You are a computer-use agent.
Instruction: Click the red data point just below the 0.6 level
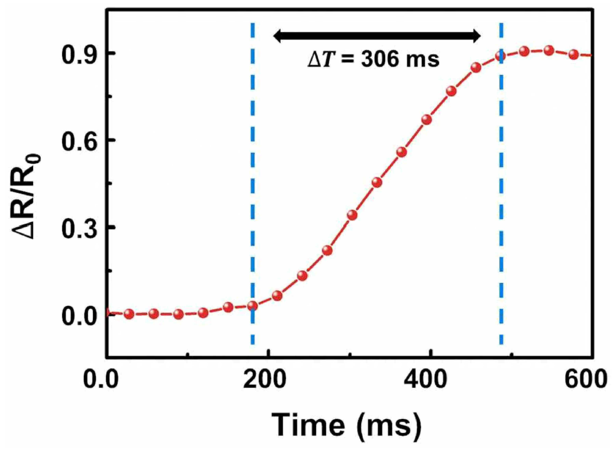coord(402,152)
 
